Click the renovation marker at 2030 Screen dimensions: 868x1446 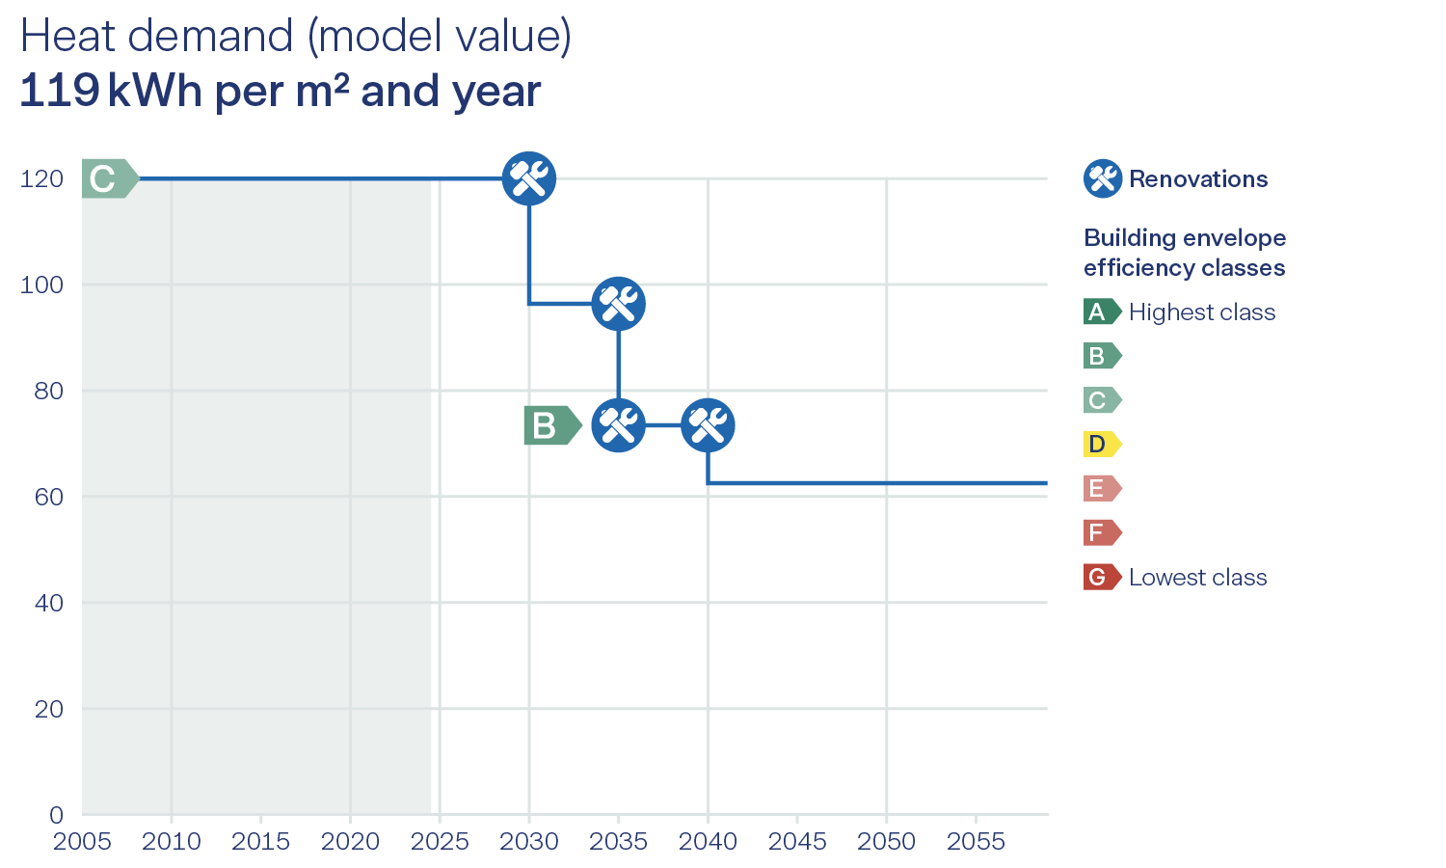(529, 178)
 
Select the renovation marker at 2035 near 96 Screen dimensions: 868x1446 (618, 304)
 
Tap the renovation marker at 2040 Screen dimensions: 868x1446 (708, 425)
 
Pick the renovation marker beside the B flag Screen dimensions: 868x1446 (618, 425)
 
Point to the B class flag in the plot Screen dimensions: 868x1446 (550, 425)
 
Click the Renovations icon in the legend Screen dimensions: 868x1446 (1102, 178)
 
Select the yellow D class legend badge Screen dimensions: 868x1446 (1101, 445)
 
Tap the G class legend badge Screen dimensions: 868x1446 (1101, 578)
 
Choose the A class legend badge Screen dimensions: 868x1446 (1101, 312)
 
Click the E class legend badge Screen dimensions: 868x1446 (1101, 489)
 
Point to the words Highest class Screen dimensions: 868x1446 (1201, 312)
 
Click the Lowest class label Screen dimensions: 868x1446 (1197, 578)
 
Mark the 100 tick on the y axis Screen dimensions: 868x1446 (41, 285)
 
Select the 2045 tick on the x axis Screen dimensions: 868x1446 (797, 842)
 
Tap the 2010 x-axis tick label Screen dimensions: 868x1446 (172, 842)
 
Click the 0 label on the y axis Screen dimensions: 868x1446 (56, 815)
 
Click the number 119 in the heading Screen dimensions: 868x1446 (59, 92)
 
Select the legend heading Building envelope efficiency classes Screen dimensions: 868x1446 (1184, 253)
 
